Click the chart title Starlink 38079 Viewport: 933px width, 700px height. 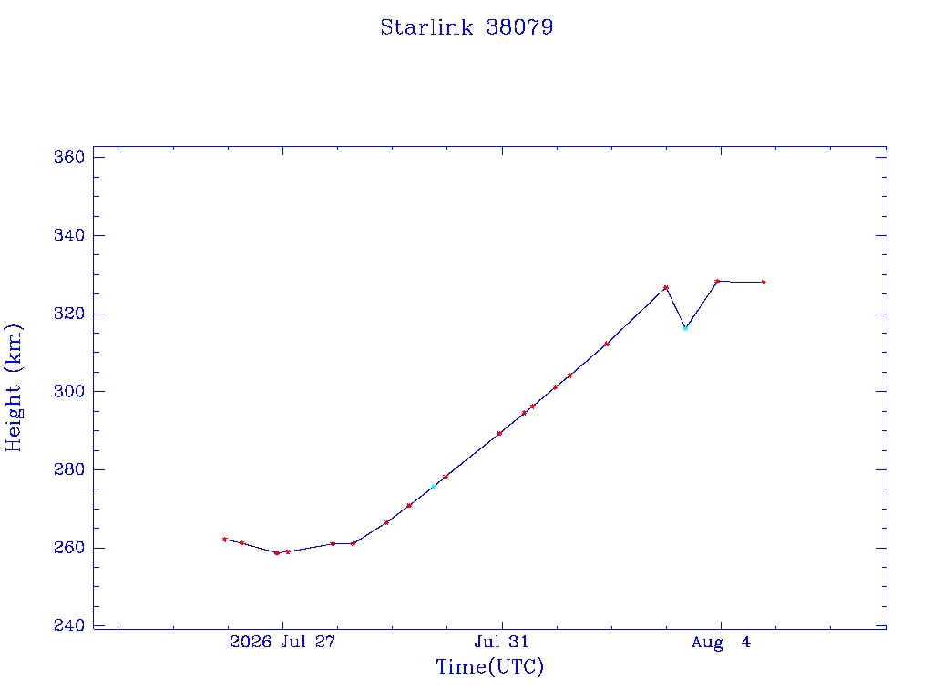[466, 27]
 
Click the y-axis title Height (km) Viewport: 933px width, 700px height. [13, 387]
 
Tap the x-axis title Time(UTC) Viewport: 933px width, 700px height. [489, 666]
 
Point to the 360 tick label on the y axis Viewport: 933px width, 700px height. [69, 157]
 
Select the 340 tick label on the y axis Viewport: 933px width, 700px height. [69, 235]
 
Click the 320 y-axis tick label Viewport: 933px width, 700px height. [69, 314]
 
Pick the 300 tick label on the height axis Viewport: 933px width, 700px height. [69, 392]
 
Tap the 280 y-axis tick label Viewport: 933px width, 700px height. [69, 469]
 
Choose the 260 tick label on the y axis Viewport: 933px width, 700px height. [69, 548]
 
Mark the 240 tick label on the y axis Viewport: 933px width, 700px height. [69, 625]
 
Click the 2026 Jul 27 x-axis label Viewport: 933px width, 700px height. [282, 642]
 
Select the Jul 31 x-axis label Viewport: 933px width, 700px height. [501, 642]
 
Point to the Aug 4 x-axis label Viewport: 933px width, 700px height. [722, 643]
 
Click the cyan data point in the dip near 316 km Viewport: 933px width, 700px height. [685, 328]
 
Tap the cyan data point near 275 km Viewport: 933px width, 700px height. [434, 487]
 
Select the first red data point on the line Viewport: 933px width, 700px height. [224, 540]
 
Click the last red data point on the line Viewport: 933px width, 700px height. [764, 283]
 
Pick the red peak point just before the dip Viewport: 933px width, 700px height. [666, 287]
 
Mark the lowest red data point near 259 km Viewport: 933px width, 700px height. [277, 553]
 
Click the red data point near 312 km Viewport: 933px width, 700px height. [606, 344]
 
